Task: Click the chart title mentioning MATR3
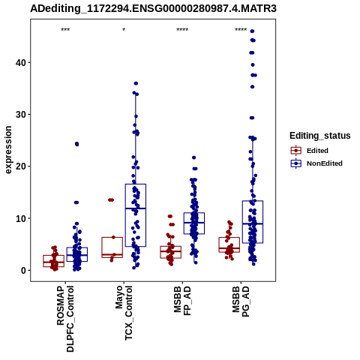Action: click(x=153, y=9)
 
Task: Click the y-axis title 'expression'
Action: click(x=8, y=150)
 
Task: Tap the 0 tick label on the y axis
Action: click(x=23, y=271)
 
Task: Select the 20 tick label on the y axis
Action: click(x=20, y=166)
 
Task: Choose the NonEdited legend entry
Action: click(x=316, y=163)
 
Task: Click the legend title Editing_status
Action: click(x=320, y=136)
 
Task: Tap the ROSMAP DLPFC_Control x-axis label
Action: click(x=65, y=319)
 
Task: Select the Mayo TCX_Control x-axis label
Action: click(x=124, y=313)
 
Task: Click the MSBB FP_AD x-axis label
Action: click(x=182, y=301)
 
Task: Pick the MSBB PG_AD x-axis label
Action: click(x=241, y=301)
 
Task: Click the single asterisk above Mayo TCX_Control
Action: click(x=124, y=30)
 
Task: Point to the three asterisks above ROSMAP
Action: click(x=65, y=30)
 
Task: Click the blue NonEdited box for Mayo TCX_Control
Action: click(x=136, y=215)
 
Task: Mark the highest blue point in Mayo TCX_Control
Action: click(x=136, y=83)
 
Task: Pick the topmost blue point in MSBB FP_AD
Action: click(x=193, y=157)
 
